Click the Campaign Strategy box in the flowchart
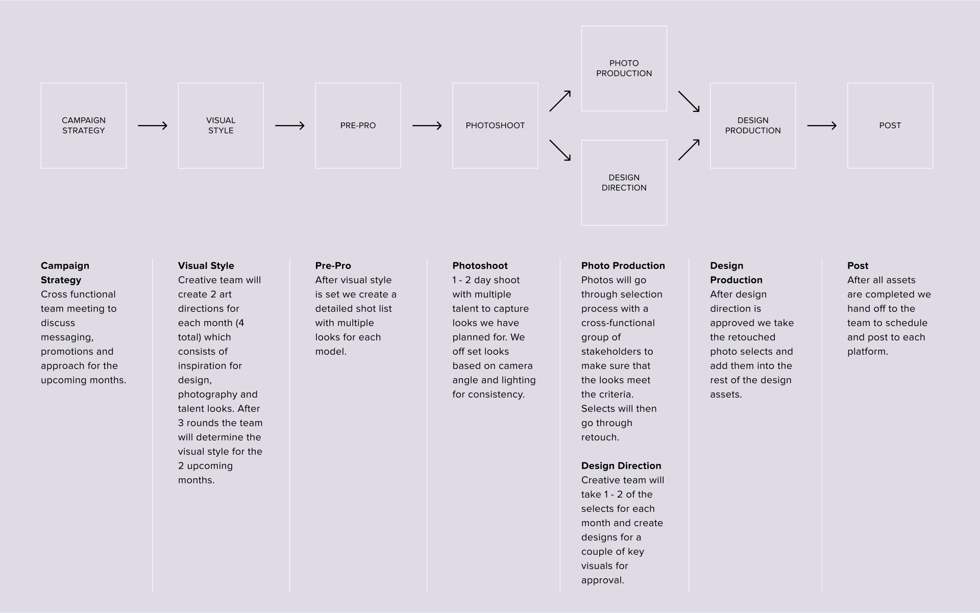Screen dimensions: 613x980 pyautogui.click(x=84, y=126)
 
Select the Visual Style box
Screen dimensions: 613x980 pyautogui.click(x=220, y=126)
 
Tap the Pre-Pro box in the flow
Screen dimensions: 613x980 pyautogui.click(x=358, y=126)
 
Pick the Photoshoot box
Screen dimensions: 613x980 pyautogui.click(x=495, y=126)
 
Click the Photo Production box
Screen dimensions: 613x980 pyautogui.click(x=624, y=68)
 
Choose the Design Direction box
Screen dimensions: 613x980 pyautogui.click(x=624, y=183)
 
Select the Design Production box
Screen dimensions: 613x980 pyautogui.click(x=753, y=126)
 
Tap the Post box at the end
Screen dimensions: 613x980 pyautogui.click(x=890, y=126)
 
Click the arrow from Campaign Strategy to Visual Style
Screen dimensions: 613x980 pyautogui.click(x=153, y=126)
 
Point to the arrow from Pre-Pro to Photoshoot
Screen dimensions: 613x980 pyautogui.click(x=427, y=126)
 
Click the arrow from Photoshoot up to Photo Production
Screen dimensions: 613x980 pyautogui.click(x=560, y=101)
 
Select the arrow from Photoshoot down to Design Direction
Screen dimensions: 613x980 pyautogui.click(x=560, y=150)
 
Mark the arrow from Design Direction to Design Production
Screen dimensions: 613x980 pyautogui.click(x=689, y=150)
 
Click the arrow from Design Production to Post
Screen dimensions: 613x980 pyautogui.click(x=822, y=126)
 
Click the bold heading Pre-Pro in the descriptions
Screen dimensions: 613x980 pyautogui.click(x=333, y=266)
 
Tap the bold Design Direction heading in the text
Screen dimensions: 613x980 pyautogui.click(x=621, y=466)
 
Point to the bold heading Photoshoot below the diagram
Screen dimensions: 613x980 pyautogui.click(x=480, y=266)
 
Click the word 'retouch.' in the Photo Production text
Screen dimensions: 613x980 pyautogui.click(x=600, y=437)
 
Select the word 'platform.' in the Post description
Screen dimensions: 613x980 pyautogui.click(x=868, y=352)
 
